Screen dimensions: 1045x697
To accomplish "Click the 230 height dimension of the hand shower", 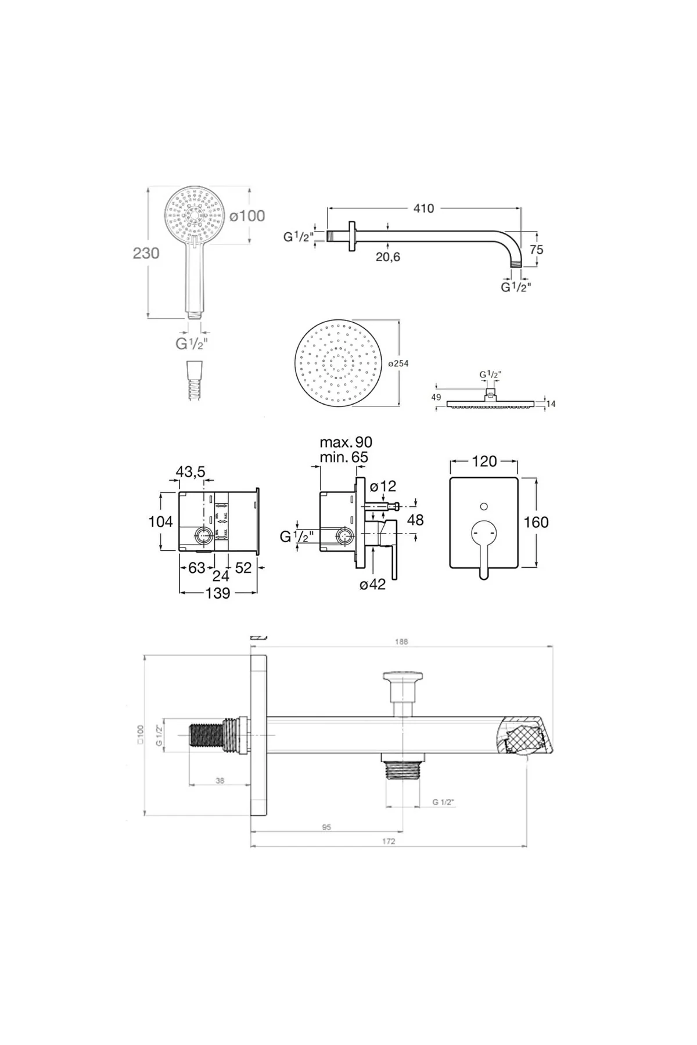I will coord(146,254).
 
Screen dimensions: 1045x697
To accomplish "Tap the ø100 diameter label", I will coord(247,216).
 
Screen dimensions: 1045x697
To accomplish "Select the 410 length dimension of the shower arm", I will coord(423,208).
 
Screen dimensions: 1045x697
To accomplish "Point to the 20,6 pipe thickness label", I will coord(387,257).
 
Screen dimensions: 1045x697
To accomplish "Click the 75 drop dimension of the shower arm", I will coord(536,249).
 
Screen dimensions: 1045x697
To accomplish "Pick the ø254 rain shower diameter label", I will coord(398,363).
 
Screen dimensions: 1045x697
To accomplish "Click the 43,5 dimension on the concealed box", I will coord(191,472).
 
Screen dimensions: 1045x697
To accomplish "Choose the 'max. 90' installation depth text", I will coord(346,443).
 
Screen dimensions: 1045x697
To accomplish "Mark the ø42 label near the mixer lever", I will coord(372,585).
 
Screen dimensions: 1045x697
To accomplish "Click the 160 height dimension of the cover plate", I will coord(536,522).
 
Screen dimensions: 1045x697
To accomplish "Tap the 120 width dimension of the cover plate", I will coord(484,461).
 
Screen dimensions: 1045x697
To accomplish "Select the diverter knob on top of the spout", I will coord(403,679).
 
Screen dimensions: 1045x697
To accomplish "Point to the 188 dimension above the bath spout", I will coord(401,642).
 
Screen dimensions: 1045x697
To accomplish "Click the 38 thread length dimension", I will coord(220,781).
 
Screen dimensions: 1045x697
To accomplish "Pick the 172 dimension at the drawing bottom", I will coord(389,841).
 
